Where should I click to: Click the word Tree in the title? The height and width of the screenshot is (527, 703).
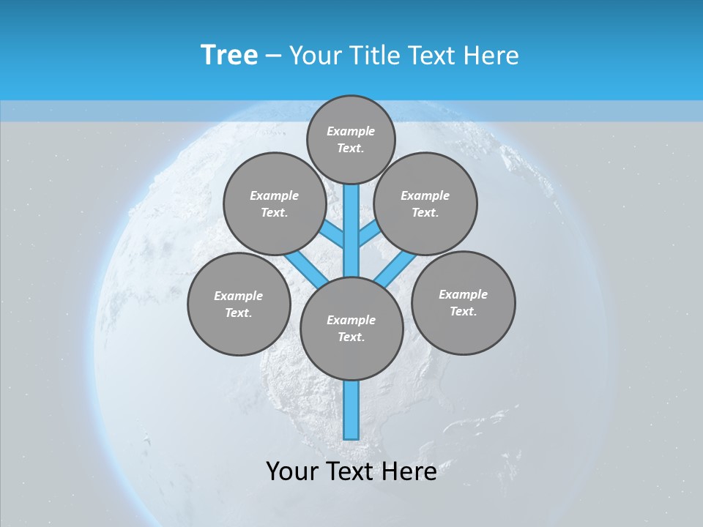pyautogui.click(x=229, y=56)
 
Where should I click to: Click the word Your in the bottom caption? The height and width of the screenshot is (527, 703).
pyautogui.click(x=291, y=471)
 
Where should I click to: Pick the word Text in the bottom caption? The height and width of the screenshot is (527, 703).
pyautogui.click(x=350, y=471)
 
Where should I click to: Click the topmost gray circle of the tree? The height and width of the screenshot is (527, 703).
pyautogui.click(x=351, y=139)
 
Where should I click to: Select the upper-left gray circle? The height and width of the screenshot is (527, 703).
pyautogui.click(x=275, y=203)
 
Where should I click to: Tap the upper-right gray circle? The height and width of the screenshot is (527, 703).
pyautogui.click(x=425, y=203)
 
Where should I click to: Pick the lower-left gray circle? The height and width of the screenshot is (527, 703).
pyautogui.click(x=239, y=304)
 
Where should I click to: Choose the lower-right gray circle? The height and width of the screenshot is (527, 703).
pyautogui.click(x=463, y=302)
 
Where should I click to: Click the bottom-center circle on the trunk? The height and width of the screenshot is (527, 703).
pyautogui.click(x=351, y=329)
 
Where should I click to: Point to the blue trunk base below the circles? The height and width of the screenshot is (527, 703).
pyautogui.click(x=351, y=410)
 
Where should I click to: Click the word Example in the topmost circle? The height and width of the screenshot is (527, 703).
pyautogui.click(x=351, y=131)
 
